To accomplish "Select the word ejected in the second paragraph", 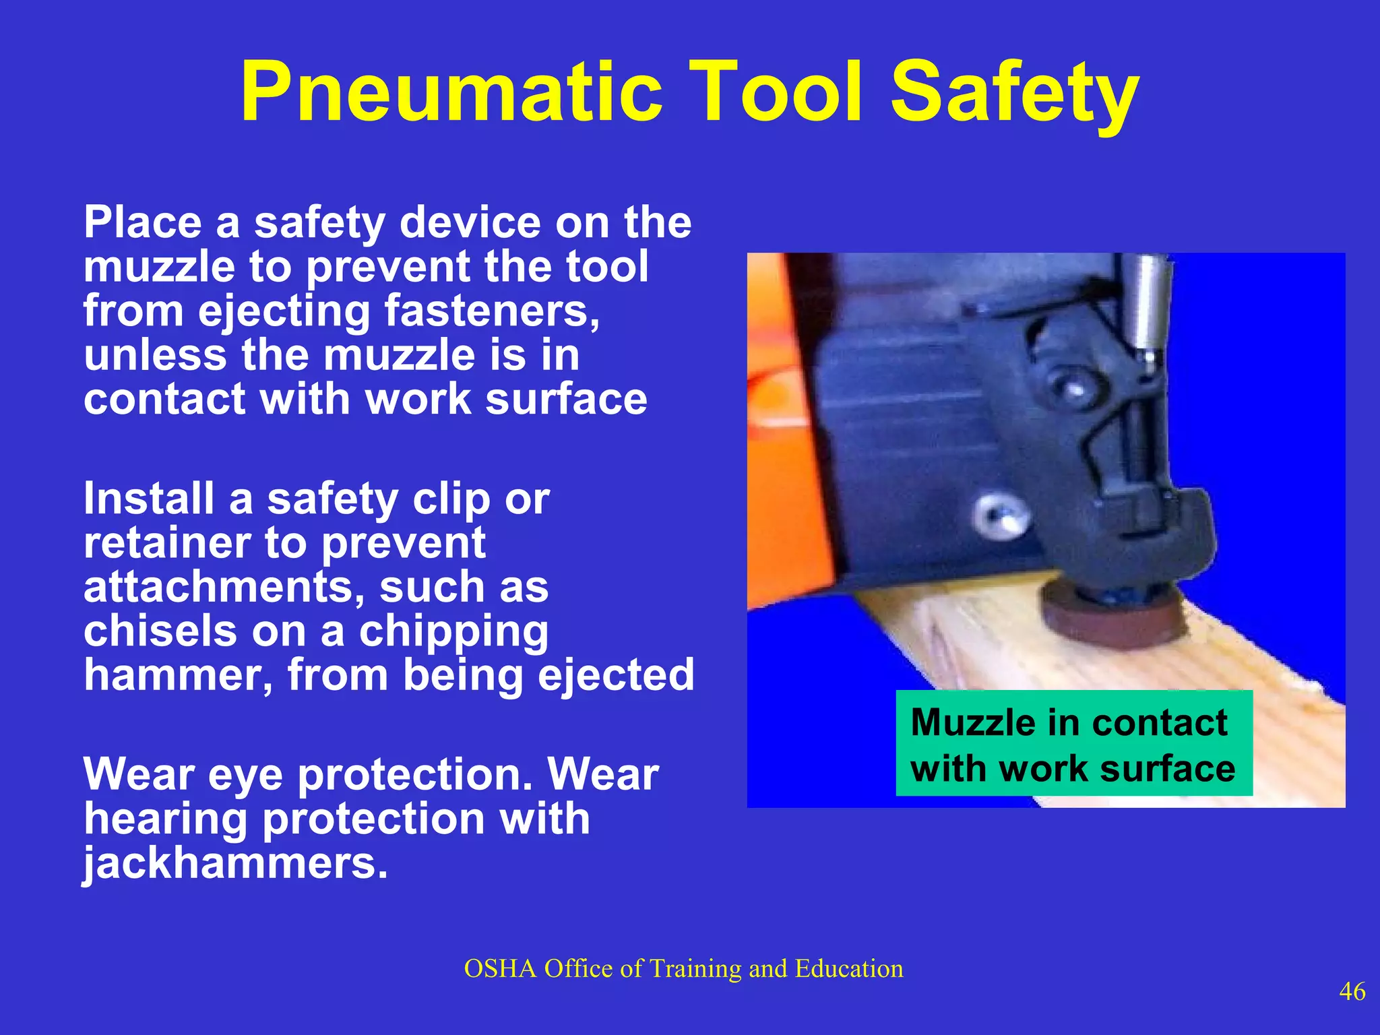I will [x=616, y=675].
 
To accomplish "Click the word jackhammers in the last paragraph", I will [x=236, y=863].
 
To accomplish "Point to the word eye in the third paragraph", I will [x=245, y=775].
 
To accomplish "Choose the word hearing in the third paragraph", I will [x=166, y=819].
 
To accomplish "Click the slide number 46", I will [x=1352, y=991].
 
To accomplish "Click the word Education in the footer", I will [x=848, y=968].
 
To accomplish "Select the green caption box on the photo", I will [x=1073, y=743].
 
